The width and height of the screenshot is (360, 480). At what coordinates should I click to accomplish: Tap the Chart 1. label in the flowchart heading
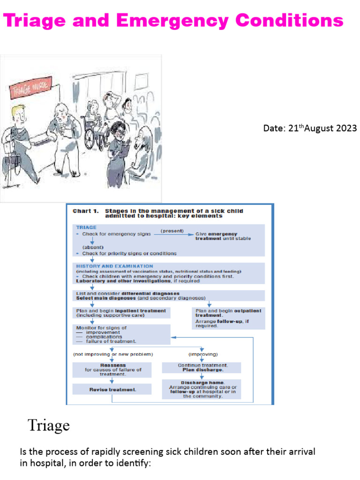coord(84,211)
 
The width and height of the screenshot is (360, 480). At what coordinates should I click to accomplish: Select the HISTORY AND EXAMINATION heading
coord(114,266)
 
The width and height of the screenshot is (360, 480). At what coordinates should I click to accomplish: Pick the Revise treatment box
coord(112,390)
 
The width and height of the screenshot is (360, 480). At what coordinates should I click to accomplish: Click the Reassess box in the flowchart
coord(112,369)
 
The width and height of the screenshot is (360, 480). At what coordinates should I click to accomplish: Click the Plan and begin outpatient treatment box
coord(228,318)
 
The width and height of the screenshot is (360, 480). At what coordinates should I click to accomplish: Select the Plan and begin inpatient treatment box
coord(121,313)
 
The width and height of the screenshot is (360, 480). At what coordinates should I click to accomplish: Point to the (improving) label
coord(202,354)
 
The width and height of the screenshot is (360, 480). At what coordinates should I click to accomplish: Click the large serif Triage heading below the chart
coord(49,426)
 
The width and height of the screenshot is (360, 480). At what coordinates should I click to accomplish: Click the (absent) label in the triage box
coord(93,247)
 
